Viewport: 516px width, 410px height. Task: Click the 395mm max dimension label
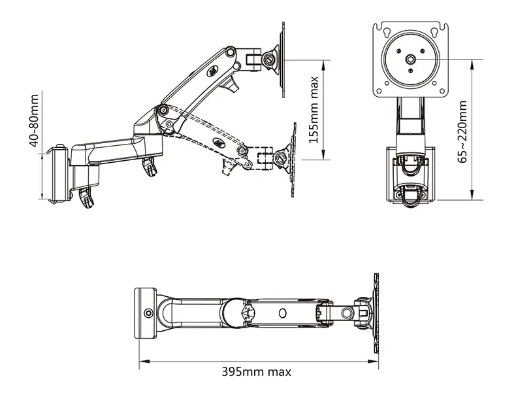[x=256, y=372]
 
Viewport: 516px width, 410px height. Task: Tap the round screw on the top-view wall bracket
[x=150, y=313]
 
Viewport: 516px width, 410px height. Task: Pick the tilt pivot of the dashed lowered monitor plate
[x=282, y=156]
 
